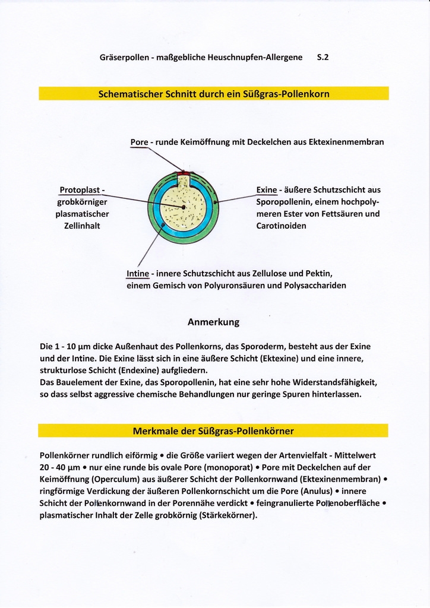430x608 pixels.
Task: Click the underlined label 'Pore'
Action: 139,142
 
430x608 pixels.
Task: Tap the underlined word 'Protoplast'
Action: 80,190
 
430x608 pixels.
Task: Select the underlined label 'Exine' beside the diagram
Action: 267,190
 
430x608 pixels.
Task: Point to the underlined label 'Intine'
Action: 137,274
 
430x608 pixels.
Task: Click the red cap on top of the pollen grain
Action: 184,173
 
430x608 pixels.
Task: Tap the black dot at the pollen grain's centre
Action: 184,207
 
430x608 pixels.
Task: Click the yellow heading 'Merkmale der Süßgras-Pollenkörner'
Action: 213,430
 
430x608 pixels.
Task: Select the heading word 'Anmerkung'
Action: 213,322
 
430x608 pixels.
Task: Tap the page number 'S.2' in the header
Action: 323,58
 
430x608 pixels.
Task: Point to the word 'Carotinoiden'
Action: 282,226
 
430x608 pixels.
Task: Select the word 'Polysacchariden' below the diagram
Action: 316,286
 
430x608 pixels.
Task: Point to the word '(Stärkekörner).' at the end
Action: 229,515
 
